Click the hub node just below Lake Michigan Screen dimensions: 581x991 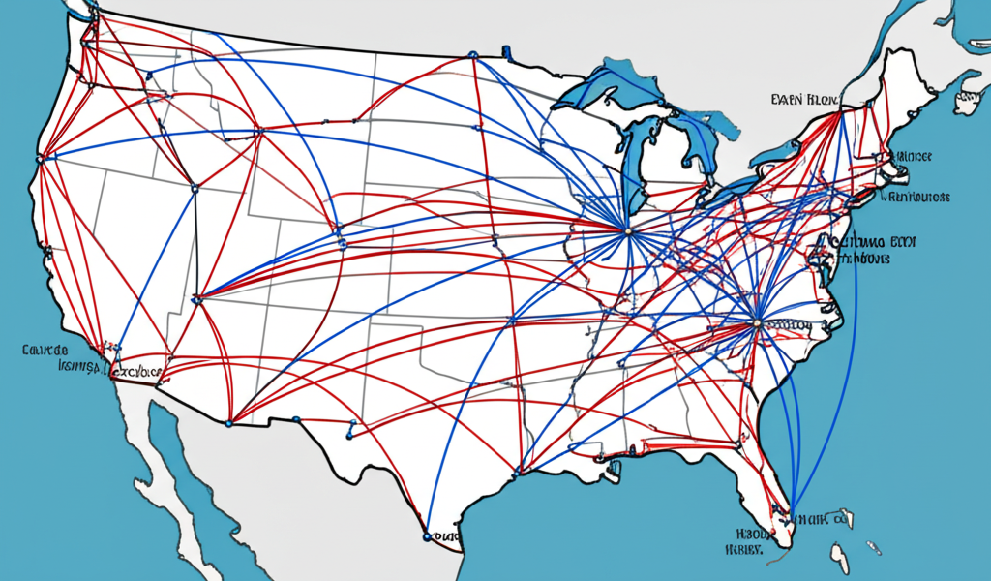(627, 230)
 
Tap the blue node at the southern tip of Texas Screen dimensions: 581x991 (427, 535)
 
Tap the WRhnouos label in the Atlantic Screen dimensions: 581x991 (915, 197)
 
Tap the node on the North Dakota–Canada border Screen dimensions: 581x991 (472, 56)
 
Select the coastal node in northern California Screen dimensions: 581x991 (40, 157)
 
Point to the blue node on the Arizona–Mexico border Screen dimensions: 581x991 (229, 423)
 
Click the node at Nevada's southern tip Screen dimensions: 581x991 (196, 299)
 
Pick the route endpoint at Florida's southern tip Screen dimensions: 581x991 (791, 513)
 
